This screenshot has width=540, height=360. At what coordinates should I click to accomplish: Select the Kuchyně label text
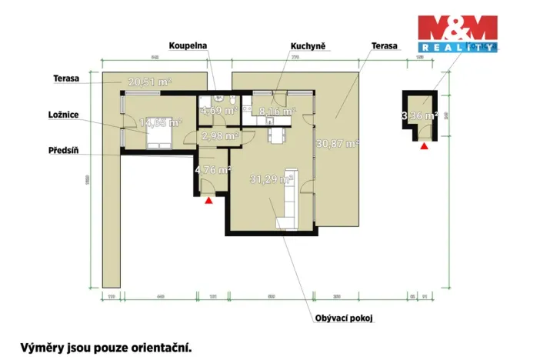coord(307,46)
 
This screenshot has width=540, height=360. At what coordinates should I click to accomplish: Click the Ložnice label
coord(62,115)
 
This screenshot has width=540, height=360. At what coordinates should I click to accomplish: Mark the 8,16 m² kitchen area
coord(277,112)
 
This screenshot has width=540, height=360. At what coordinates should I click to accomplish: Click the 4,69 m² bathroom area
coord(218,112)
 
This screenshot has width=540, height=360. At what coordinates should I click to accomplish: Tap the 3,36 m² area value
coord(419,117)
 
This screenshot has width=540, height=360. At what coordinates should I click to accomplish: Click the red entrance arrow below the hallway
coord(208,201)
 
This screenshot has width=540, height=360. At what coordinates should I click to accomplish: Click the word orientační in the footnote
coord(158,348)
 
